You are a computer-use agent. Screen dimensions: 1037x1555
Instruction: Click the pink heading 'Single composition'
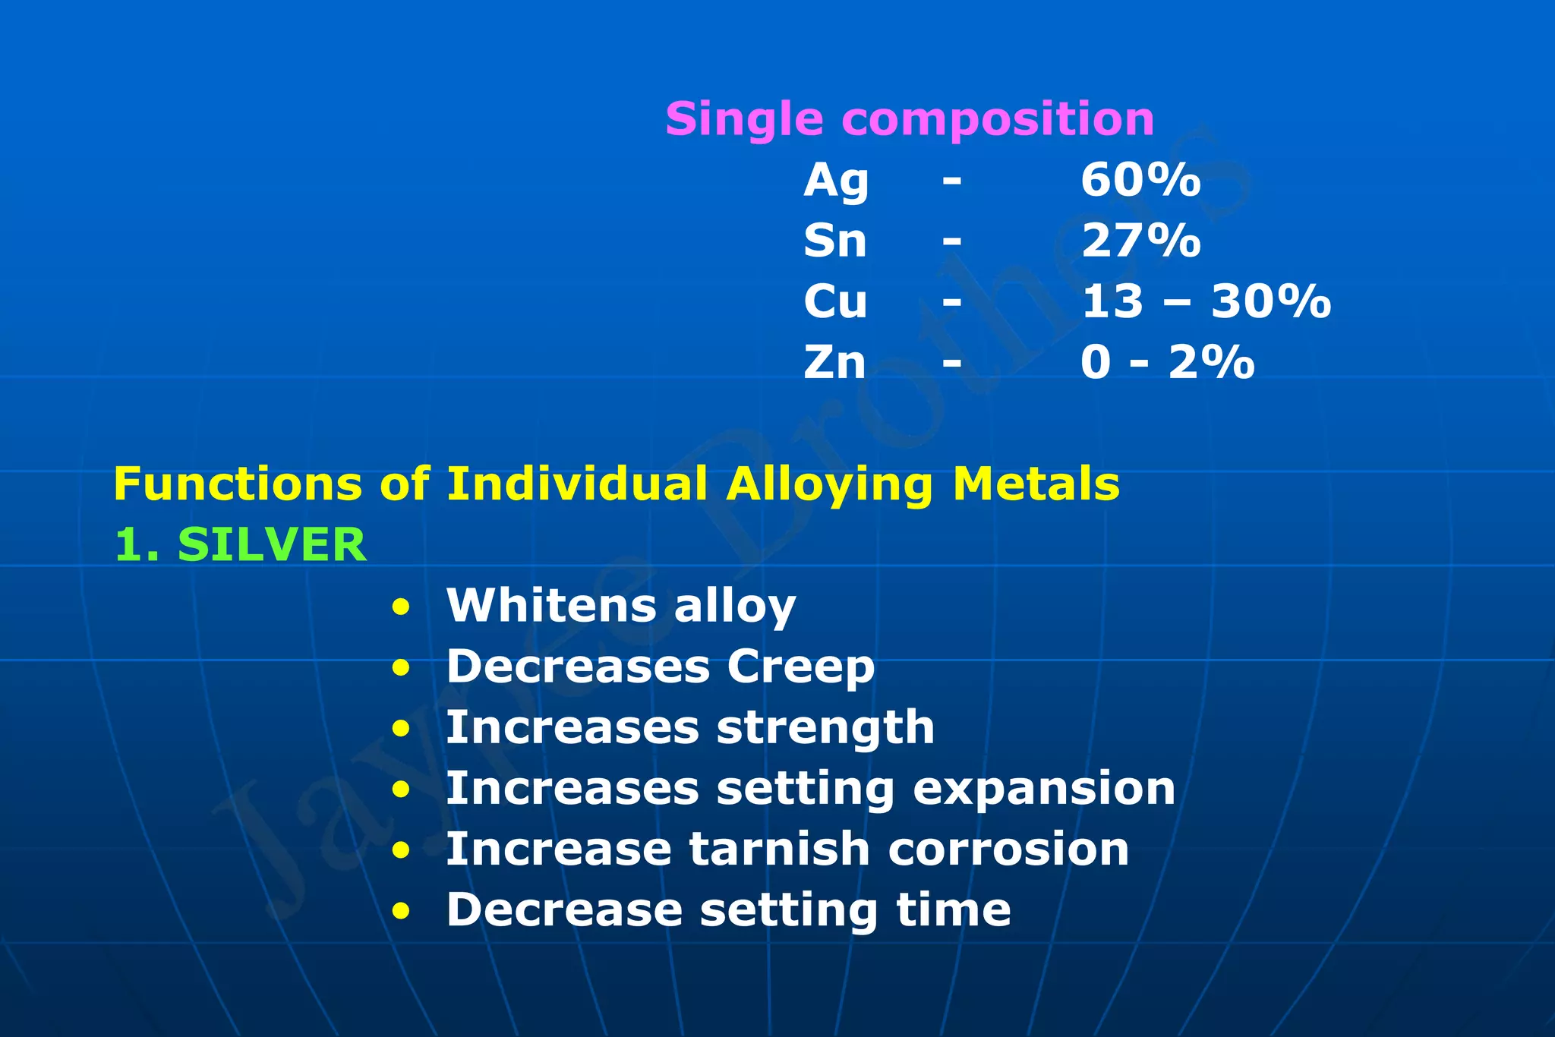909,120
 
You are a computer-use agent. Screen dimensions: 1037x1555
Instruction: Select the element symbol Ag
836,182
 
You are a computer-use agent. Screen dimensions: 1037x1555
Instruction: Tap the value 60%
1140,181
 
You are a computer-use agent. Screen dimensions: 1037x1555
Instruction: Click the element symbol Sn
835,241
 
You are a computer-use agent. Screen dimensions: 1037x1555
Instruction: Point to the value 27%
1140,241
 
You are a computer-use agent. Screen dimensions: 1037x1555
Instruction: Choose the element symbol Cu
835,302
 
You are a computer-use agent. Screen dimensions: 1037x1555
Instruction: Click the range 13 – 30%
1206,302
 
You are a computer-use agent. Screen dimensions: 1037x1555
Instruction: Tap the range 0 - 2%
1167,363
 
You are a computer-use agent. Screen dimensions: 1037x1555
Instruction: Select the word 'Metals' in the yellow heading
1036,484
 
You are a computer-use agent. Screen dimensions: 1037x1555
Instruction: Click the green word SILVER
272,545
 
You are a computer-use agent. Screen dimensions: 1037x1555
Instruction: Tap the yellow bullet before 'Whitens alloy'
401,607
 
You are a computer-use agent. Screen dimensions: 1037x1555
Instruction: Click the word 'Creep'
800,668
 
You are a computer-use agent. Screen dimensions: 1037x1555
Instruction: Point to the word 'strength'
825,729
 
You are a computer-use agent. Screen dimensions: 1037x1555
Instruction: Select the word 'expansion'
1044,790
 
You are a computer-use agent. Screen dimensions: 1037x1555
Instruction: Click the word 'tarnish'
779,849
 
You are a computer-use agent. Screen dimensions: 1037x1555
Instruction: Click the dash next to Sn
952,242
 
